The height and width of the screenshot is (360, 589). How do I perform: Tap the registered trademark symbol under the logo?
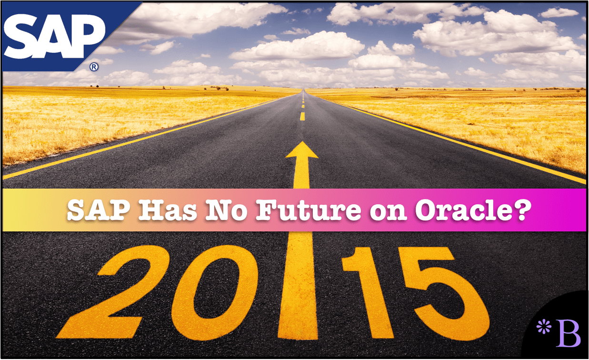(94, 67)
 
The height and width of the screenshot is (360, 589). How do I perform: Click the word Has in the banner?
(168, 210)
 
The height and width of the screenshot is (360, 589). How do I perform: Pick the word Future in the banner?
(309, 210)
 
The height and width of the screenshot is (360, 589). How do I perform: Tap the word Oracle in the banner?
(465, 210)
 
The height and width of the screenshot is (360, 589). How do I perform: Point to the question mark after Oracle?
(522, 210)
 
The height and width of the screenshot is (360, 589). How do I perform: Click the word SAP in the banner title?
(99, 210)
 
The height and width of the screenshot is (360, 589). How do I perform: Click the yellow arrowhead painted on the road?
(302, 150)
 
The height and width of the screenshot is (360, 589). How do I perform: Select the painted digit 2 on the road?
(113, 291)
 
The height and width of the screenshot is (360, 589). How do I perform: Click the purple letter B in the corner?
(569, 333)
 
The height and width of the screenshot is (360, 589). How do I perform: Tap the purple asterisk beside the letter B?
(543, 327)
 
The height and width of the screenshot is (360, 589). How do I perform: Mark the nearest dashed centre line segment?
(302, 117)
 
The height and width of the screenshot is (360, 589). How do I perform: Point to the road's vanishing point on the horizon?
(304, 90)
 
